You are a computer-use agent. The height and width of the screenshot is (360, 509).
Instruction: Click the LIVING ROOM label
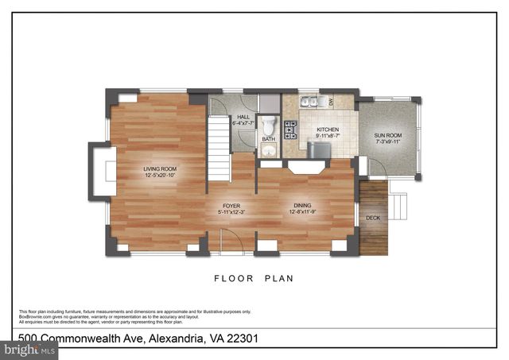pos(159,171)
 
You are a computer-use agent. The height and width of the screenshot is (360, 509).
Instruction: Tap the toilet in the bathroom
pos(269,126)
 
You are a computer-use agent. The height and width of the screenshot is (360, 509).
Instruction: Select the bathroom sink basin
pos(269,151)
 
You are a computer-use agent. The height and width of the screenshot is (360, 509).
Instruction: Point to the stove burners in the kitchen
pos(289,128)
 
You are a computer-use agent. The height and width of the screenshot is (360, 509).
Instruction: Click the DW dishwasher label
pos(331,102)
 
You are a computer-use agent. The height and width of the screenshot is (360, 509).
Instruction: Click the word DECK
pos(372,217)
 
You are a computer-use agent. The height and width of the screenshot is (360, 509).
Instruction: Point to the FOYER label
pos(231,207)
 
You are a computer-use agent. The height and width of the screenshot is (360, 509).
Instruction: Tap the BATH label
pos(268,139)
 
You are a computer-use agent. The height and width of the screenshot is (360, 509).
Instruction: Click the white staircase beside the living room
pos(219,146)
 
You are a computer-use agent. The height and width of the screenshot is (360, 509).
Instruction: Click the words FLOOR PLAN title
pos(254,278)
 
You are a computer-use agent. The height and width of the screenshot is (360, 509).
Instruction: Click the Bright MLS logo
pos(29,348)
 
